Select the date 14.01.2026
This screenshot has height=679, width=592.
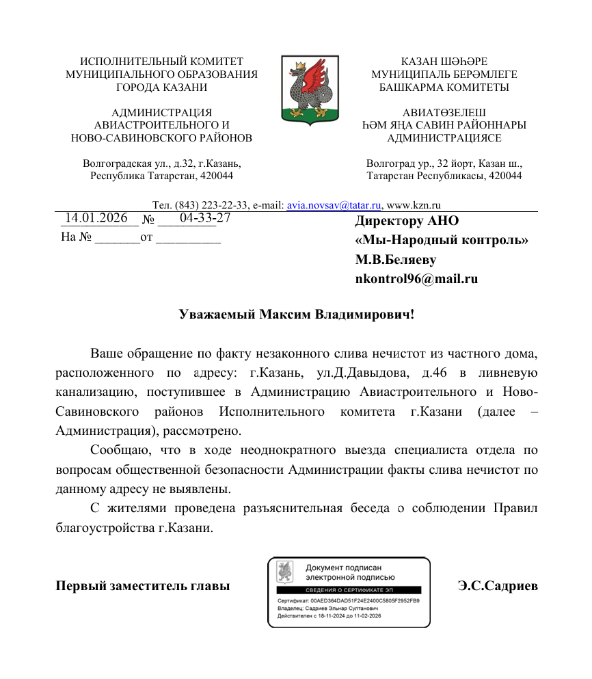click(96, 218)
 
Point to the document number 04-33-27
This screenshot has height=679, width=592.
click(204, 218)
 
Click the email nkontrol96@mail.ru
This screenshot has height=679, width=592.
click(416, 279)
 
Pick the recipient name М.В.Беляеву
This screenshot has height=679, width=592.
click(395, 260)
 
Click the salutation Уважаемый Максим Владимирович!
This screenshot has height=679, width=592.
click(297, 315)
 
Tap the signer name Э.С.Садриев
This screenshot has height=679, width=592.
click(498, 587)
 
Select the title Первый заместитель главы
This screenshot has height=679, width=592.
click(142, 587)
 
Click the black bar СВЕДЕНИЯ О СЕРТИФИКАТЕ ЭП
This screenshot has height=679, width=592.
click(349, 589)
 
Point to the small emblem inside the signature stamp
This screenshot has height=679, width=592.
click(285, 572)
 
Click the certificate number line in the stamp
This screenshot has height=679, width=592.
click(348, 600)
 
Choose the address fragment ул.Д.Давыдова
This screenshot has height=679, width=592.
click(355, 373)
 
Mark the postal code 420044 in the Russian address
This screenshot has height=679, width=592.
click(217, 176)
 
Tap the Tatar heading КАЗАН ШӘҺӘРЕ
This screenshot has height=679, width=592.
click(444, 62)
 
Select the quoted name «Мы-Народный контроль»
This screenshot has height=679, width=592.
click(442, 241)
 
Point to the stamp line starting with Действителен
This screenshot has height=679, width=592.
click(329, 616)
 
